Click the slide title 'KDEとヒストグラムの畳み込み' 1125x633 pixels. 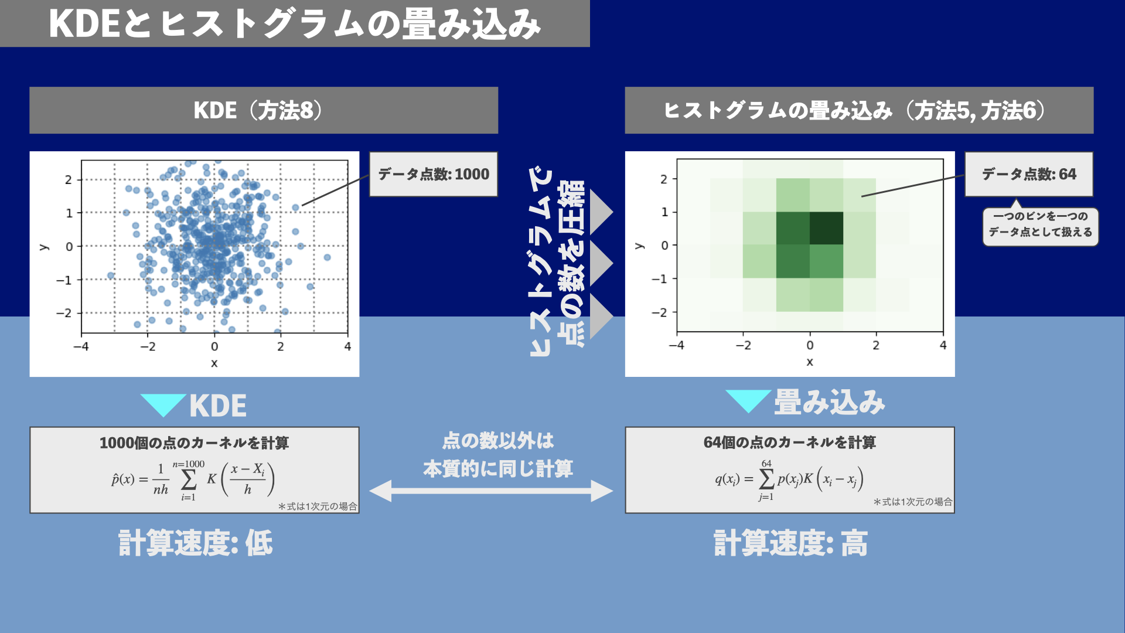point(295,24)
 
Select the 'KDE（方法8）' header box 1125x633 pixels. point(264,110)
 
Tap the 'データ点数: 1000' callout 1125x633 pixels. point(433,174)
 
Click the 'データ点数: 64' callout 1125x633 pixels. point(1029,174)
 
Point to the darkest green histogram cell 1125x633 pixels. point(826,228)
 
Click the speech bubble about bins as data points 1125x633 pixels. point(1040,224)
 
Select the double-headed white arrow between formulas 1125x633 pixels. point(491,491)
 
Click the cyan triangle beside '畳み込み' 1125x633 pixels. point(748,400)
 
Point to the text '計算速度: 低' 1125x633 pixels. point(196,543)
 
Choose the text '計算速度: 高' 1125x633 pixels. point(791,543)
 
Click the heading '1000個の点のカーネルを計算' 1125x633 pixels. point(194,443)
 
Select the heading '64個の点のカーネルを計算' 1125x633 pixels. point(789,442)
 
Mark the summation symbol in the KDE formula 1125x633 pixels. point(189,480)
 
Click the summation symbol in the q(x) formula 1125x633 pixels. point(766,479)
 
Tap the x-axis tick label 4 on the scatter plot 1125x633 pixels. point(347,347)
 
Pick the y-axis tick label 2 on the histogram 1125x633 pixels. point(664,179)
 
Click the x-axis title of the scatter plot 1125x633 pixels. point(214,363)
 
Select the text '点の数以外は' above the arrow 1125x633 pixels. point(498,441)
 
